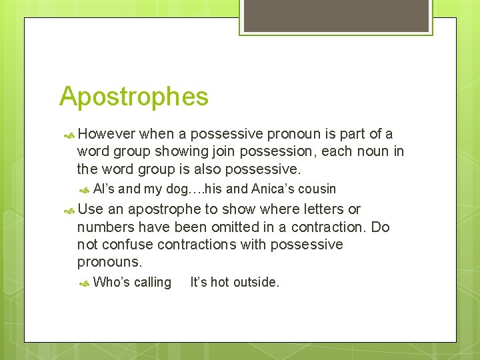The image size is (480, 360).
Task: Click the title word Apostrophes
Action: point(133,97)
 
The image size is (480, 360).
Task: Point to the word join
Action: point(221,152)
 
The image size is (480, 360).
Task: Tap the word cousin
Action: point(319,189)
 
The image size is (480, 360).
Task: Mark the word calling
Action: point(152,283)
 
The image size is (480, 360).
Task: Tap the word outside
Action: point(256,282)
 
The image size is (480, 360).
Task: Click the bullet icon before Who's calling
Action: point(84,283)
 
